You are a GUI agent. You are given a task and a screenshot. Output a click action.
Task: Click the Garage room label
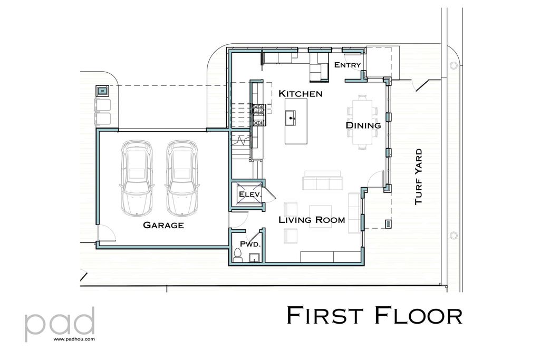(163, 225)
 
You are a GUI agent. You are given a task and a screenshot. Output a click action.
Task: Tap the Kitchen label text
(300, 93)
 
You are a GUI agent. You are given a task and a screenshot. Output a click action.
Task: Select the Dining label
(363, 125)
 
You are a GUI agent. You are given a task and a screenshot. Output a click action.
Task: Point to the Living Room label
(312, 219)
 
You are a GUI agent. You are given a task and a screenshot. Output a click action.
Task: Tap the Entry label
(348, 65)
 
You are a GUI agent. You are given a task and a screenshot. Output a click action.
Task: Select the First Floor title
(374, 315)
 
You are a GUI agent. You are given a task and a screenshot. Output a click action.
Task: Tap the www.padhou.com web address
(74, 340)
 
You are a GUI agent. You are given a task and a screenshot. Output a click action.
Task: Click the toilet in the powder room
(237, 256)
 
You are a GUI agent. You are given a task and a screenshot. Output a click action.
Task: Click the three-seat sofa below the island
(322, 182)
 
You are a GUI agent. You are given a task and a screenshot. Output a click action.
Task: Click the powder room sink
(254, 257)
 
